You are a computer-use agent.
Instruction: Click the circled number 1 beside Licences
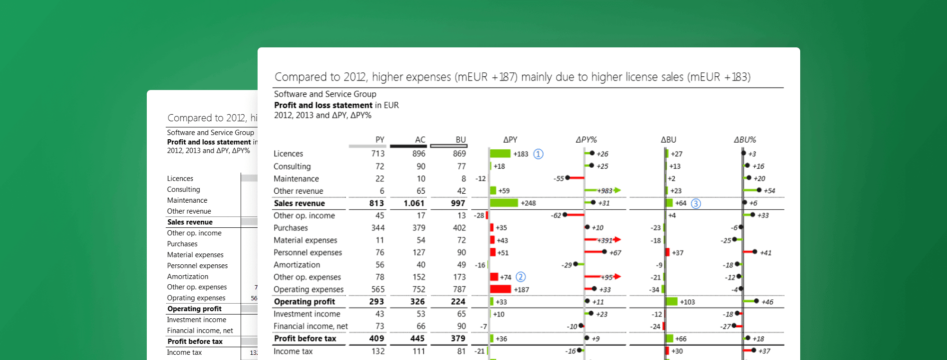[538, 154]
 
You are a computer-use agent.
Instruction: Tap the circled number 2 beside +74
[520, 277]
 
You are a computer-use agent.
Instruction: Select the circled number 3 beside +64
[696, 203]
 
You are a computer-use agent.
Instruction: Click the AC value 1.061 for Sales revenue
[414, 203]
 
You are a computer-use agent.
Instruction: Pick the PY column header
[380, 140]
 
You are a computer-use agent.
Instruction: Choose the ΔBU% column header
[745, 140]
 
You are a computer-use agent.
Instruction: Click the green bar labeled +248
[504, 203]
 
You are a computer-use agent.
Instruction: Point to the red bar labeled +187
[500, 289]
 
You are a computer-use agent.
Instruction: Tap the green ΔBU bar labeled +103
[671, 301]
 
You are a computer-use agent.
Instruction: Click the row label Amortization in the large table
[297, 265]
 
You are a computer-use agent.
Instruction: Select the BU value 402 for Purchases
[459, 228]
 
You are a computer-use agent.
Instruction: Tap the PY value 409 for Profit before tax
[376, 339]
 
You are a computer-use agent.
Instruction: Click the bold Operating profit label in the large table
[304, 302]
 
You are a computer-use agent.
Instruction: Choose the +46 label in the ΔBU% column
[767, 302]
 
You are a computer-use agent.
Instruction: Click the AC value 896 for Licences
[419, 154]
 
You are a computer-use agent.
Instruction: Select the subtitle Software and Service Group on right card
[325, 94]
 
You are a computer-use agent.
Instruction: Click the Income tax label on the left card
[184, 352]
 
